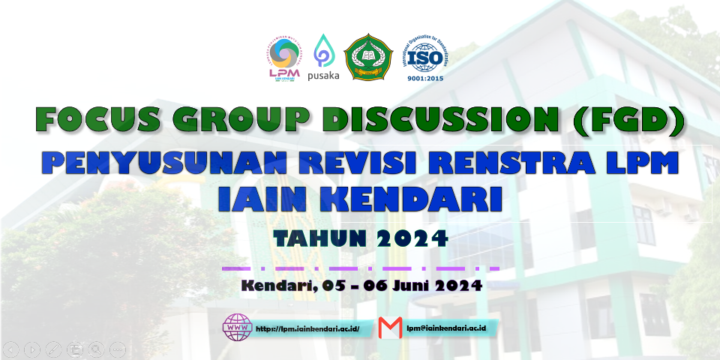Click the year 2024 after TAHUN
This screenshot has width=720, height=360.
(x=412, y=238)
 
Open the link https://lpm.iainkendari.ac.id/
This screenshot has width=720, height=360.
(x=307, y=328)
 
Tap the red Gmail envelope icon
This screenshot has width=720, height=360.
(x=390, y=328)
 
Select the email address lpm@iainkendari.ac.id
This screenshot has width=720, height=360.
(x=447, y=328)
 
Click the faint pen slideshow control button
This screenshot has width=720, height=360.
(x=53, y=349)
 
